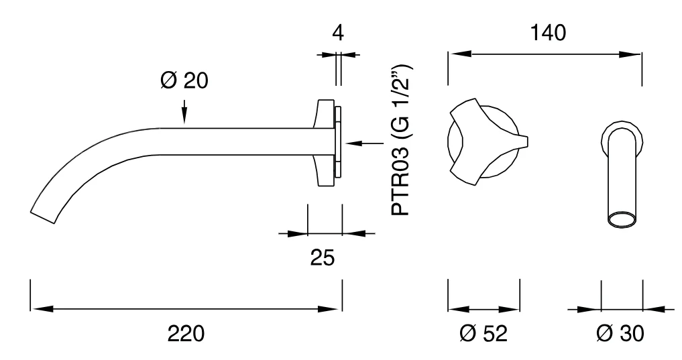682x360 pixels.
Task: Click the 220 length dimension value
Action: click(x=186, y=334)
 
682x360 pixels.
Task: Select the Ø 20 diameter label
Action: click(x=184, y=80)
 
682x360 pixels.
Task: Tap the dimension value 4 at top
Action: click(x=338, y=33)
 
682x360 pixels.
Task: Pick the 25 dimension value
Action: click(x=323, y=257)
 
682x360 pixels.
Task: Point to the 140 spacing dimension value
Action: click(x=548, y=33)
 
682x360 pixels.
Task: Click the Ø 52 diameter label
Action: click(x=484, y=334)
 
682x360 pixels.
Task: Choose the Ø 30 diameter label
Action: click(x=620, y=334)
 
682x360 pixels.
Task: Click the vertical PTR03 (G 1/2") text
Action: click(x=401, y=140)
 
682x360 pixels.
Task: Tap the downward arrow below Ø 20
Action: click(x=184, y=112)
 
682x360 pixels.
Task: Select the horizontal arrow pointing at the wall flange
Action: click(x=365, y=143)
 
